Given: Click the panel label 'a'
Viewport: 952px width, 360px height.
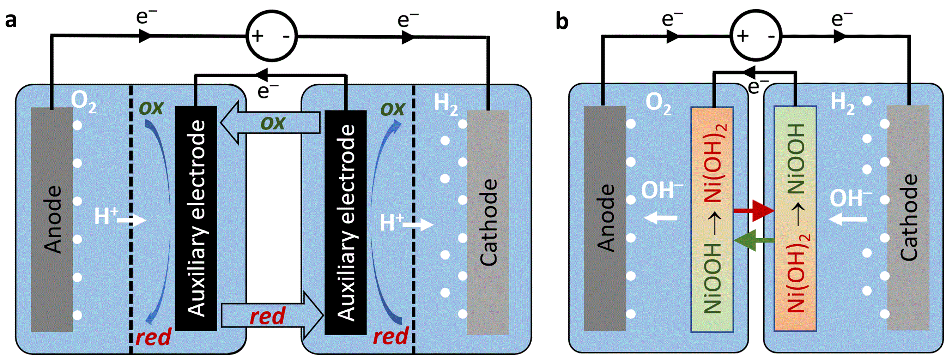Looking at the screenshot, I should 11,20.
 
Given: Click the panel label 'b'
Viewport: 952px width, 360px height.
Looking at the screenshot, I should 562,21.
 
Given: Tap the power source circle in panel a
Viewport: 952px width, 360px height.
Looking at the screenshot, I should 272,36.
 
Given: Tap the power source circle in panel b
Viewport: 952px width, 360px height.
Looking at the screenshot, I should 756,36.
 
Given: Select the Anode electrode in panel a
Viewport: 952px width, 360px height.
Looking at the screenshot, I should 52,220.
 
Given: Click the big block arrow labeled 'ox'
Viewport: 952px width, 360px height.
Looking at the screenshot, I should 272,123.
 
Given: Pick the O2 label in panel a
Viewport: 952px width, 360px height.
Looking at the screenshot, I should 84,101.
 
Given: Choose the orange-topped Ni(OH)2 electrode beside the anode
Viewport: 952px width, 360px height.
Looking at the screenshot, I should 712,220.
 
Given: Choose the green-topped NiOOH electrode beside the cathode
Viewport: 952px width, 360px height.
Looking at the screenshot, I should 795,218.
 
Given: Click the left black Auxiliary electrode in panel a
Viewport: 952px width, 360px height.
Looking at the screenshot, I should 195,218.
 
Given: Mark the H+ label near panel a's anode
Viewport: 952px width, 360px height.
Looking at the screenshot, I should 106,216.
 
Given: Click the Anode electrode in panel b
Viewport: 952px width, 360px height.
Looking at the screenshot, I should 605,218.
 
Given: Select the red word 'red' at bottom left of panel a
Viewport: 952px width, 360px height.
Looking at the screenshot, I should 153,337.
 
